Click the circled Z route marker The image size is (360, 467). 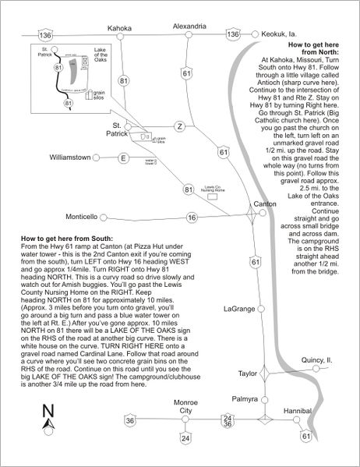pyautogui.click(x=178, y=126)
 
